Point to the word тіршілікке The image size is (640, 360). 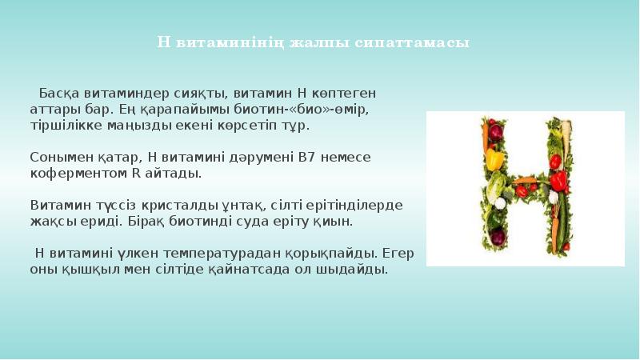tap(66, 126)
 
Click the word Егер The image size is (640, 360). tap(398, 253)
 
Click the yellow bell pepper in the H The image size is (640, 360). tap(494, 159)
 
